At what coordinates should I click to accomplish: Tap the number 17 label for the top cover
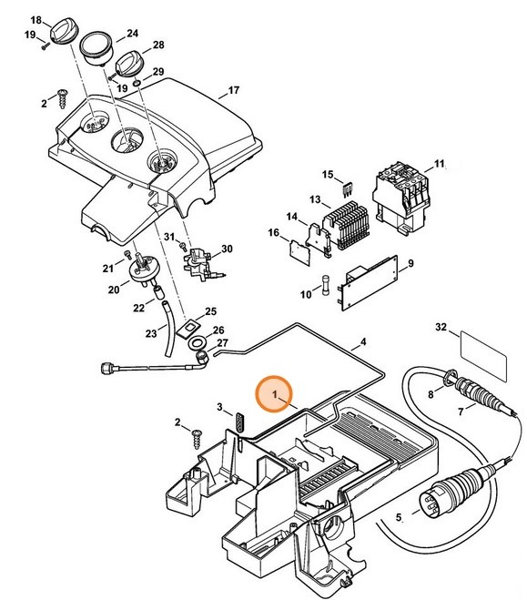tap(234, 90)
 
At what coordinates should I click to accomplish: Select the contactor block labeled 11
tap(400, 194)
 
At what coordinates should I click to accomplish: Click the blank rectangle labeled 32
tap(484, 348)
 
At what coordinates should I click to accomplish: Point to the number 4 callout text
tap(362, 343)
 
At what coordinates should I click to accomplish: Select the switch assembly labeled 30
tap(200, 263)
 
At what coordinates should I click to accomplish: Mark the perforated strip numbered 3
tap(240, 423)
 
